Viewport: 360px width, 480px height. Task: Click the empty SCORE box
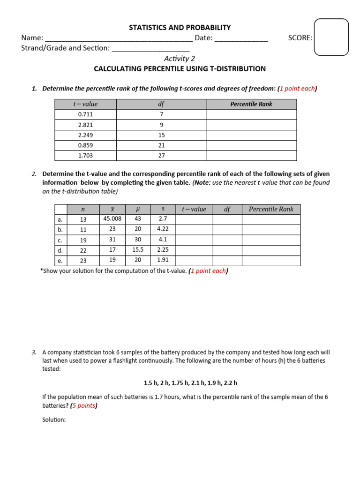click(x=331, y=37)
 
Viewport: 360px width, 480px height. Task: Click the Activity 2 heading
click(x=179, y=59)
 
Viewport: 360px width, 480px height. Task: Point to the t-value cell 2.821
click(x=86, y=125)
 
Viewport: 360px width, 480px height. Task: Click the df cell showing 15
click(x=162, y=135)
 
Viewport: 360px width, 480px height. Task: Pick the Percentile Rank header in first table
click(x=251, y=104)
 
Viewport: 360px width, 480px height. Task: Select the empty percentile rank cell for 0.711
click(x=251, y=115)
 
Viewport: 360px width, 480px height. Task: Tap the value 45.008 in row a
click(x=112, y=219)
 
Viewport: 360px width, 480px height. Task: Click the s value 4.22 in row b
click(x=163, y=229)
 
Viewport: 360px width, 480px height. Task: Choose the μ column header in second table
click(x=138, y=210)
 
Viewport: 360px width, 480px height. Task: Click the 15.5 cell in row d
click(x=138, y=250)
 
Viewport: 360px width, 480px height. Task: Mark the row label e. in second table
click(x=60, y=261)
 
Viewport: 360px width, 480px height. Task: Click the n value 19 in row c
click(x=83, y=240)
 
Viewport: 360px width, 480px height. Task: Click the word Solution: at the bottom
click(x=54, y=420)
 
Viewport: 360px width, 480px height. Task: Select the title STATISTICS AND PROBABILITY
click(x=180, y=28)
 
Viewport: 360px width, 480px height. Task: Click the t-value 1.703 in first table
click(x=86, y=156)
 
